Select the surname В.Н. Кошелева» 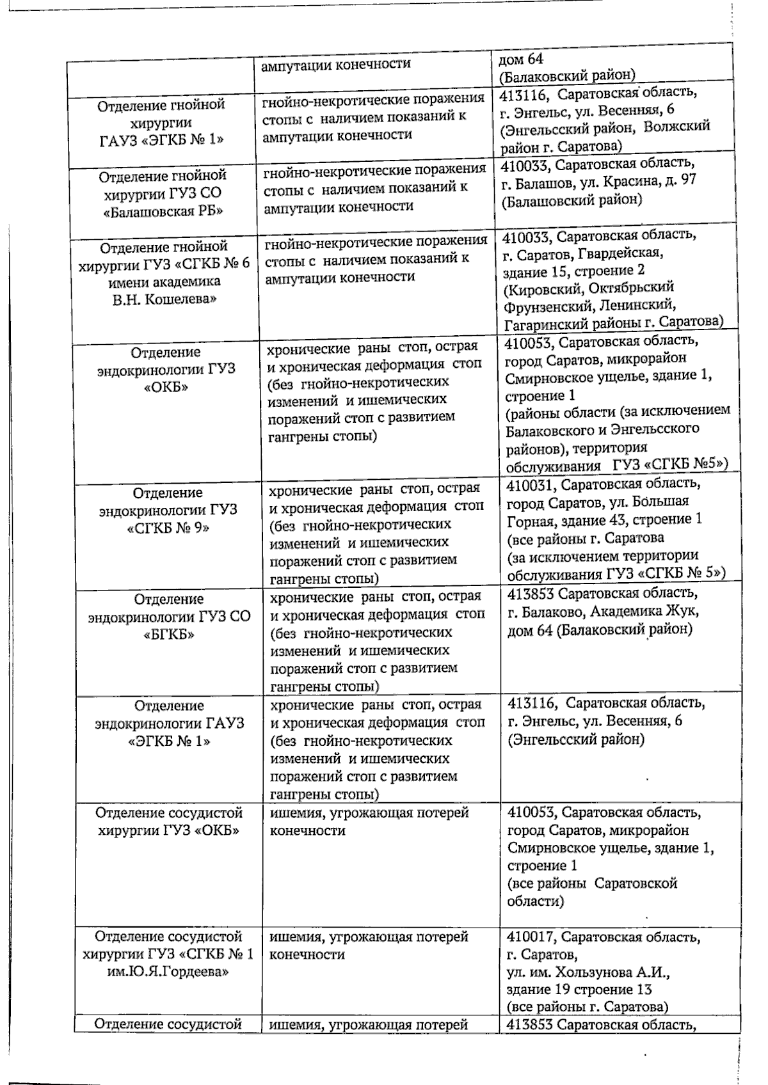(x=164, y=299)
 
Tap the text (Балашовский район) (x=572, y=200)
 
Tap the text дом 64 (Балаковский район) (x=600, y=630)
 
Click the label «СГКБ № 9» (x=168, y=528)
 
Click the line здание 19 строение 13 (x=579, y=990)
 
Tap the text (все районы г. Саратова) (x=587, y=1007)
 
